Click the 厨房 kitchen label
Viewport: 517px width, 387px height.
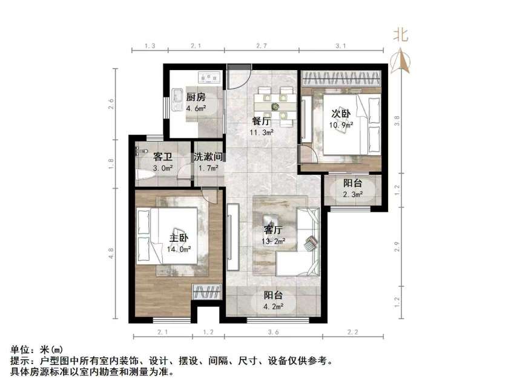pos(196,97)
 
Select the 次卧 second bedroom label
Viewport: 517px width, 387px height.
pos(340,113)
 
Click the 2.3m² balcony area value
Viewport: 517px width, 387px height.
pos(353,195)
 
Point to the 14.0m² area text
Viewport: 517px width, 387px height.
pos(180,249)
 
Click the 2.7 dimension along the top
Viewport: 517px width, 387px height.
pos(262,46)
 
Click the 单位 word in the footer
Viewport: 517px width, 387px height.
pos(20,350)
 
